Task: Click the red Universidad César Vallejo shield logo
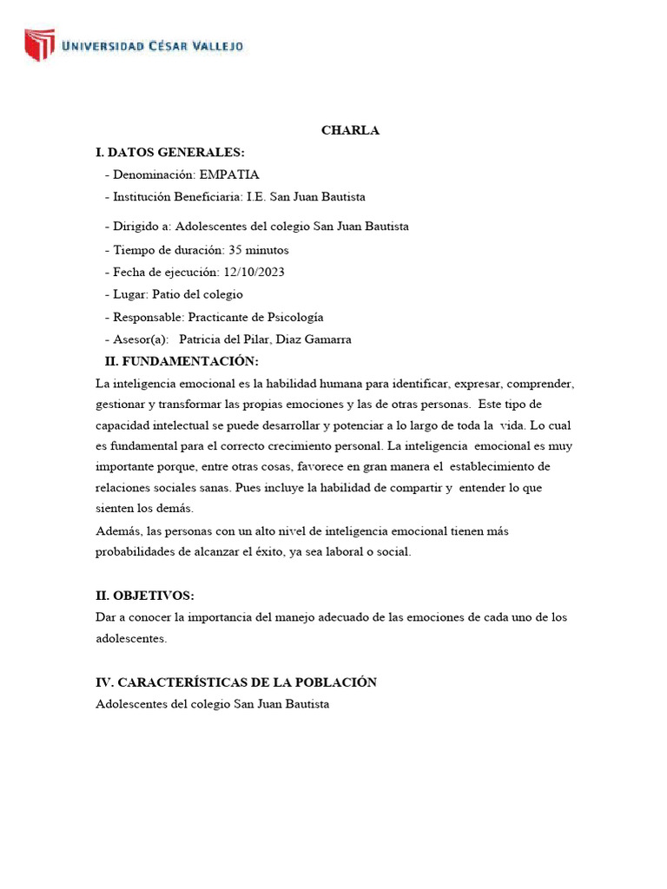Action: coord(39,45)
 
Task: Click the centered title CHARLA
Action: coord(350,131)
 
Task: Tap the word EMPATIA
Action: coord(229,175)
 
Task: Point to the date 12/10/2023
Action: coord(254,272)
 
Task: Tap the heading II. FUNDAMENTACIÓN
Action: coord(182,361)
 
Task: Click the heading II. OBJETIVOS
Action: coord(145,596)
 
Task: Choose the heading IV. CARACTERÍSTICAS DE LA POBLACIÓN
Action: coord(236,682)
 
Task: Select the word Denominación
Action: coord(153,175)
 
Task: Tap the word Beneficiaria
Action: coord(215,197)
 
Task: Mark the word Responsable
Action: coord(150,317)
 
